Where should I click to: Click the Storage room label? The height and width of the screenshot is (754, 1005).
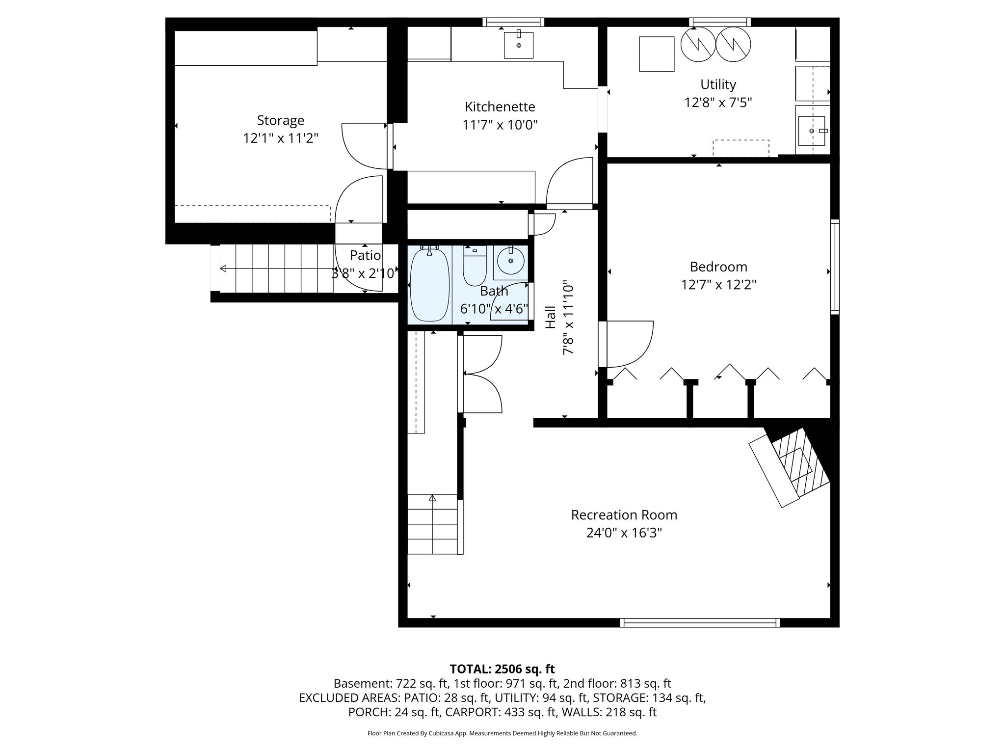click(x=280, y=120)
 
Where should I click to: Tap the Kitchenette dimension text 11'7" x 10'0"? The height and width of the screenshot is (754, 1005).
click(x=500, y=125)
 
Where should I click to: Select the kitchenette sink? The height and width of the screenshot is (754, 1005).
click(x=519, y=45)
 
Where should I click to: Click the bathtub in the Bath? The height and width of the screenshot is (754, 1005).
click(x=429, y=285)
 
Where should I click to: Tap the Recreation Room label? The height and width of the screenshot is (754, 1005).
click(x=624, y=515)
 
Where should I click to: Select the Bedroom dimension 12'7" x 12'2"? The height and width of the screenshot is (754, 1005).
click(x=718, y=285)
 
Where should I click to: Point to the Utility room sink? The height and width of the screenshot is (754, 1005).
click(x=812, y=131)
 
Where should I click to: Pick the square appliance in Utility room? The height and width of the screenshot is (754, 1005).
click(x=657, y=54)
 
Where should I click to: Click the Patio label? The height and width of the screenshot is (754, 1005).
click(x=365, y=255)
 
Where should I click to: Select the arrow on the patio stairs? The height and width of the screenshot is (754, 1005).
click(x=223, y=269)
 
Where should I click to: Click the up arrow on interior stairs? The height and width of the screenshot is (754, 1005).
click(x=432, y=498)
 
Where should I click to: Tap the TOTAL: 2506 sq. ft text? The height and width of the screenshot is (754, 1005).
click(x=502, y=669)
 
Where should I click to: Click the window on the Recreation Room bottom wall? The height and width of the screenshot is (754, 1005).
click(x=699, y=622)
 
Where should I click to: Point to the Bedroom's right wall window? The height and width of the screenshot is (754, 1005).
click(x=834, y=268)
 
